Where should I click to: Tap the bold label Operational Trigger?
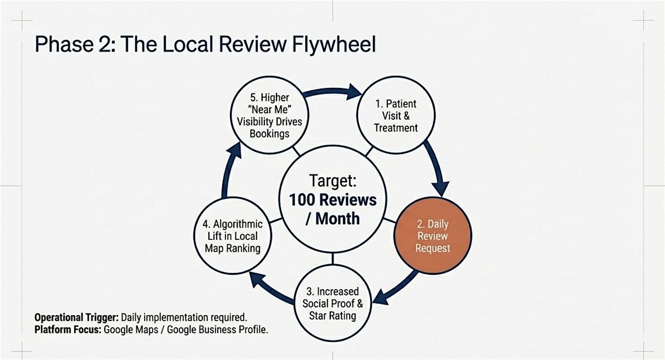[76, 317]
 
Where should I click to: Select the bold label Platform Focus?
[67, 329]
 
